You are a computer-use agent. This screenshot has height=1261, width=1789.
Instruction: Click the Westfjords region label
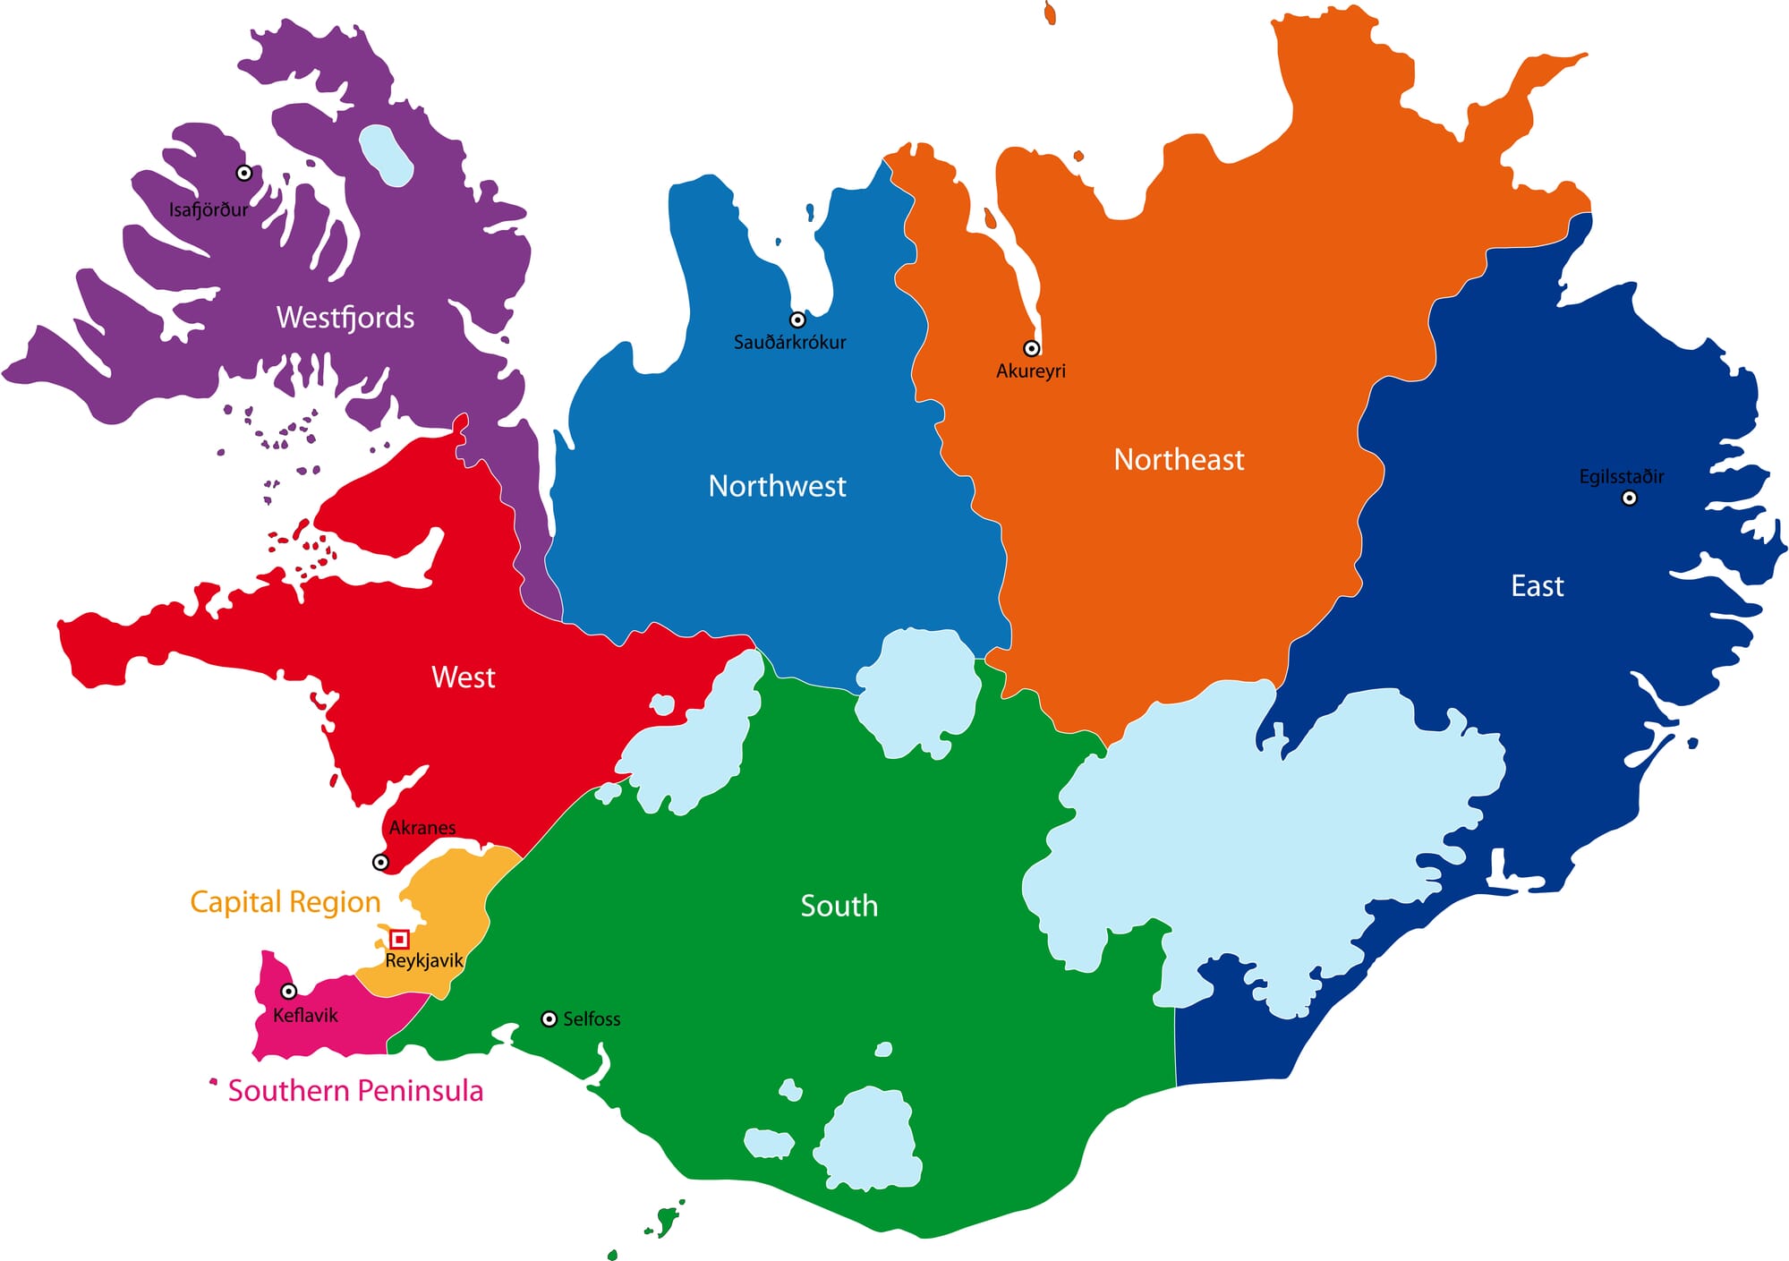coord(345,318)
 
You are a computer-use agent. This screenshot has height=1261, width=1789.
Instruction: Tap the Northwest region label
coord(777,486)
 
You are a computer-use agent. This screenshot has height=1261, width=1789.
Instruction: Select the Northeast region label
coord(1179,460)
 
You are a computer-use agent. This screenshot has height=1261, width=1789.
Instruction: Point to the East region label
coord(1537,586)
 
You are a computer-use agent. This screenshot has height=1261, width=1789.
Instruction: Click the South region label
coord(839,906)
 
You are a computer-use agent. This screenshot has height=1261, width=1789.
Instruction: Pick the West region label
coord(463,677)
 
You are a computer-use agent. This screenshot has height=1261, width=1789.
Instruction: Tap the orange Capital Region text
coord(285,902)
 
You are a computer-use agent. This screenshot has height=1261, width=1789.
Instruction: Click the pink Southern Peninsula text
coord(355,1091)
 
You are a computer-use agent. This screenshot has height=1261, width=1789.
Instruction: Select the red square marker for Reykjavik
coord(400,939)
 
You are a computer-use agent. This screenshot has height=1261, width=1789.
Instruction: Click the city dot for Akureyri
coord(1032,348)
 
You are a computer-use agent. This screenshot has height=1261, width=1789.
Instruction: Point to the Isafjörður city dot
coord(243,173)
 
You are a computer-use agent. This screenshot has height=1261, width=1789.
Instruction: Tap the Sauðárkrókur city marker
coord(797,320)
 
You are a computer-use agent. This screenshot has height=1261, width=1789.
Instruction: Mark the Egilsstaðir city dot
coord(1629,498)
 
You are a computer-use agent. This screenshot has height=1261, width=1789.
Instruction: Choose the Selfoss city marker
coord(549,1018)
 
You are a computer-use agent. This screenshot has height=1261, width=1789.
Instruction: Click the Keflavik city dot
coord(289,991)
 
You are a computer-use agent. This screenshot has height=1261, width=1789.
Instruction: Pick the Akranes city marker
coord(380,862)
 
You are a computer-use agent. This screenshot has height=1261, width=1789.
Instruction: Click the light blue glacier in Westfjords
coord(386,155)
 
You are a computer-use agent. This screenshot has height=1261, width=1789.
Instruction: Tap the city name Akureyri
coord(1031,371)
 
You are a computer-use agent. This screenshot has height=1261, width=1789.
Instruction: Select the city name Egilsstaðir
coord(1621,476)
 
